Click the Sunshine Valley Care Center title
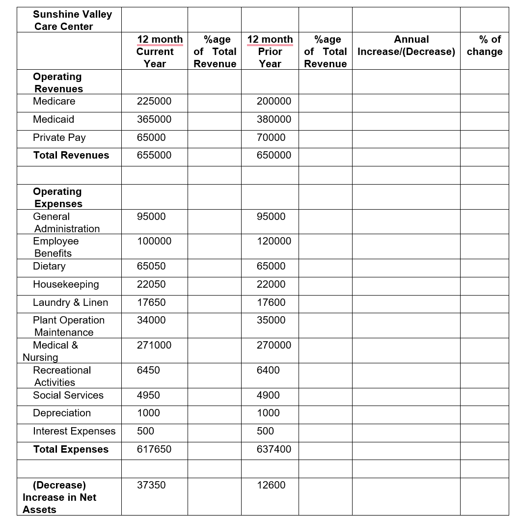(72, 20)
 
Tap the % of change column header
(484, 46)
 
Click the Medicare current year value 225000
(154, 101)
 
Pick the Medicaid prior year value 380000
(274, 119)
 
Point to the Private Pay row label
(59, 137)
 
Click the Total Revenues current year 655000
(154, 155)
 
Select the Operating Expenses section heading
(57, 197)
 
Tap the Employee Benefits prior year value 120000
(274, 241)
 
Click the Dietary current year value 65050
(151, 266)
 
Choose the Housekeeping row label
(66, 284)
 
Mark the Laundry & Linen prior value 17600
(271, 302)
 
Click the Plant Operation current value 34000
(151, 320)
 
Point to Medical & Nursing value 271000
(154, 345)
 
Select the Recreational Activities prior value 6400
(268, 370)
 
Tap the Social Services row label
(68, 395)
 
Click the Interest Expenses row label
(74, 431)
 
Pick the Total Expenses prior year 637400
(274, 449)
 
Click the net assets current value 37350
(151, 485)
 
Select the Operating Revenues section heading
(57, 82)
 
